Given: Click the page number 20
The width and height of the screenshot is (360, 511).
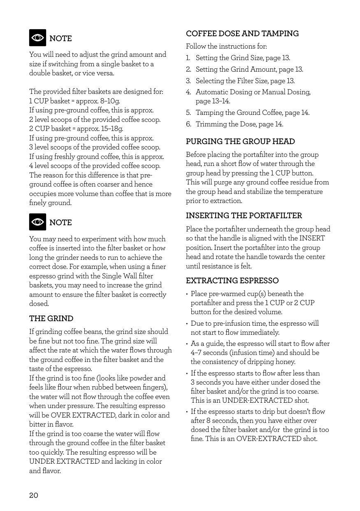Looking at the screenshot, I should click(x=33, y=495).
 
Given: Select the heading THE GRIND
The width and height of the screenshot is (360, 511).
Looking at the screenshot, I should click(x=51, y=319).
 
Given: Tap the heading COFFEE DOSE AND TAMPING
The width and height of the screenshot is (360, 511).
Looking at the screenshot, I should click(x=242, y=34).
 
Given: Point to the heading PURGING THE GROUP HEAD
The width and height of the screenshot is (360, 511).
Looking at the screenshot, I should click(x=240, y=142).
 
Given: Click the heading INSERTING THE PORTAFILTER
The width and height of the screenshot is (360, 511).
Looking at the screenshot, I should click(x=244, y=216).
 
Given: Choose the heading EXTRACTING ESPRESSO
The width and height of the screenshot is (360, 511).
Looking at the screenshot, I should click(x=232, y=281).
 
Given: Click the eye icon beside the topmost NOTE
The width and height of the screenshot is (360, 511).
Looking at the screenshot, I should click(x=37, y=38).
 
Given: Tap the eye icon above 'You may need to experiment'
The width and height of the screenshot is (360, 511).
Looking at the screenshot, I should click(x=37, y=222).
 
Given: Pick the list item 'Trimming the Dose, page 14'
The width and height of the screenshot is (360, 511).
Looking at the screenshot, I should click(x=239, y=124).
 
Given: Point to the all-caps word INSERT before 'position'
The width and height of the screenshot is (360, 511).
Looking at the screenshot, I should click(x=312, y=238).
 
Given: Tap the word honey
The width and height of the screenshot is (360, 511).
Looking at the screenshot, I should click(x=286, y=362).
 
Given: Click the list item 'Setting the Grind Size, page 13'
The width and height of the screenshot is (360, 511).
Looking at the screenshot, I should click(x=243, y=58).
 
